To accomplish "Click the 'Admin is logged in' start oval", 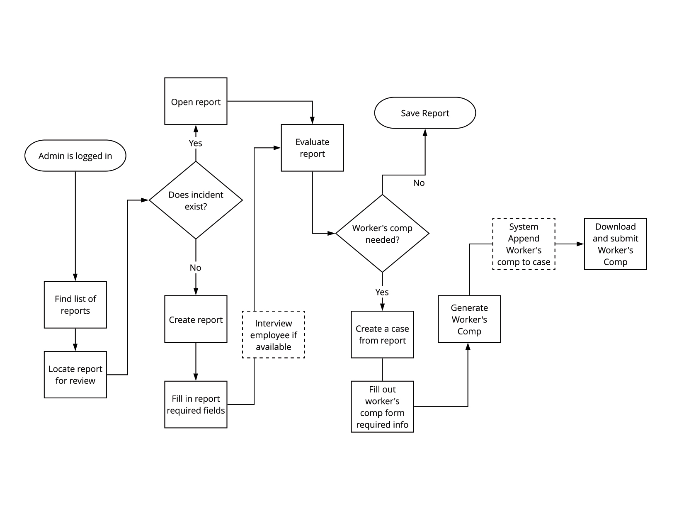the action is [75, 156].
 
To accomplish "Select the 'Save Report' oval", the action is [425, 113].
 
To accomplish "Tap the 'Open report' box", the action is [196, 101].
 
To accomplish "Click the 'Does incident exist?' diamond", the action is [196, 200].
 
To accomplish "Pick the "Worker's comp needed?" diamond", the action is [382, 234].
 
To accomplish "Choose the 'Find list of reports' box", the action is [75, 305].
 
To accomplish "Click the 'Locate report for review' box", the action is [75, 375].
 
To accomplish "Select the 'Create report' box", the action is [196, 319].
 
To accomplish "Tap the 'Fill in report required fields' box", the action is [196, 405].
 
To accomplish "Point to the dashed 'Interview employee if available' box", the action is [274, 334].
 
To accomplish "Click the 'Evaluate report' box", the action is [312, 148].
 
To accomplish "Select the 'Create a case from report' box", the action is [382, 334].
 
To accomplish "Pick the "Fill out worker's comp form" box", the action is [382, 407].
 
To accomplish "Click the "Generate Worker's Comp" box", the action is [469, 319].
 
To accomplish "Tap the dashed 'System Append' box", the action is [524, 244].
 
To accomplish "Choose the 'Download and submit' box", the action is [615, 244].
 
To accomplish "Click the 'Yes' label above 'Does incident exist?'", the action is [196, 143].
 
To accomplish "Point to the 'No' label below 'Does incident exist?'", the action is [196, 268].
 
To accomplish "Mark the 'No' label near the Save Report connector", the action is [419, 183].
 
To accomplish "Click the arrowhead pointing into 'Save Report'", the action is [425, 132].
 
